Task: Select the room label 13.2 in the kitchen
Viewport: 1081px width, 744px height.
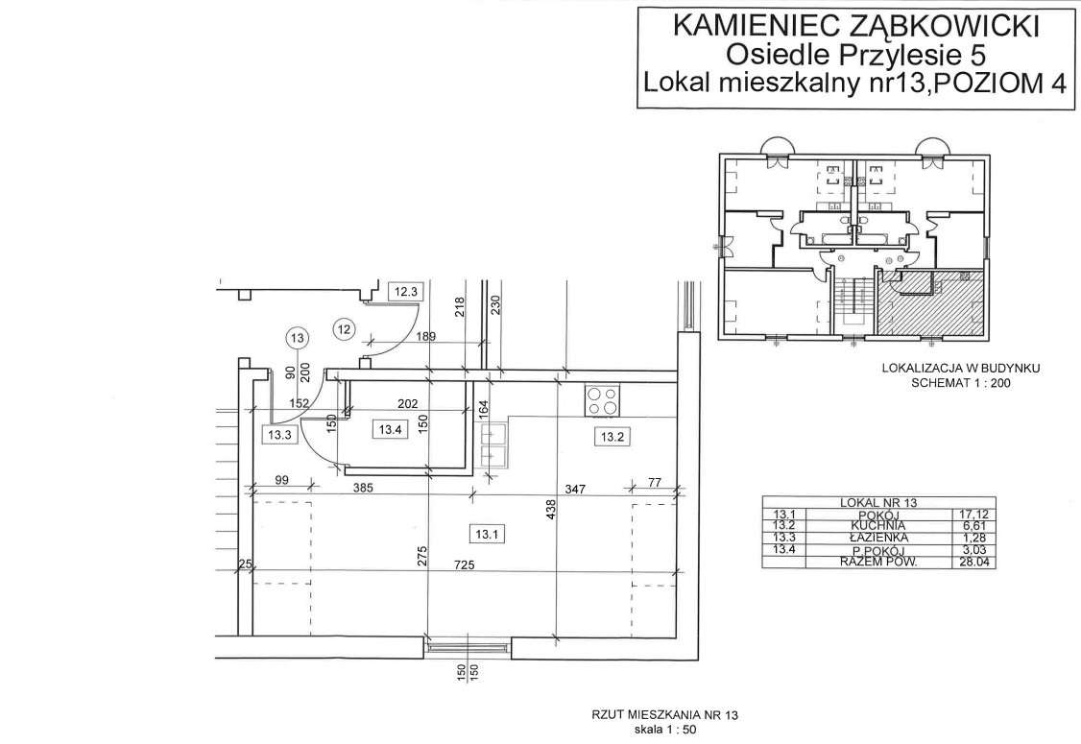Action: coord(613,437)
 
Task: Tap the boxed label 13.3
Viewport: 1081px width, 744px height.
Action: coord(279,434)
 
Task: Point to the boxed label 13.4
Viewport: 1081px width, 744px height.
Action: coord(389,430)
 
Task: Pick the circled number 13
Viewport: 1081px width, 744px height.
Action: coord(297,338)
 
